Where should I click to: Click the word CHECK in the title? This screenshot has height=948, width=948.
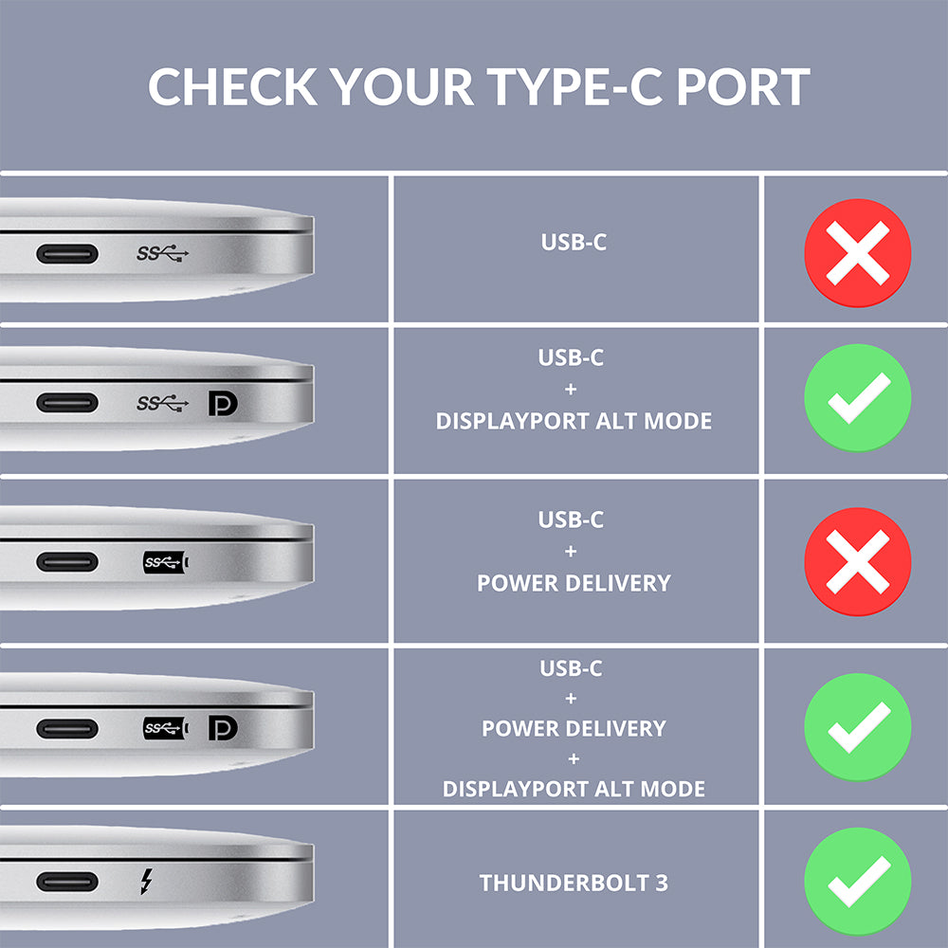(232, 86)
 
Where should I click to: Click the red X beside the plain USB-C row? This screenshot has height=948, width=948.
(857, 252)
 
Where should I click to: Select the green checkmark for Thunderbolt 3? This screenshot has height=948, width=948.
(857, 881)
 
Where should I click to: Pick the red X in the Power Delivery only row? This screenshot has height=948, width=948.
(857, 561)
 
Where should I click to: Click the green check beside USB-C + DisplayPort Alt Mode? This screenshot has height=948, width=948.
(857, 398)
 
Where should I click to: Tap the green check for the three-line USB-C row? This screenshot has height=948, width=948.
(857, 727)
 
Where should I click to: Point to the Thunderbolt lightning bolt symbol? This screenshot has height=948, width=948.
(145, 882)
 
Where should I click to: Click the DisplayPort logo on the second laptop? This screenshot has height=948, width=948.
(223, 403)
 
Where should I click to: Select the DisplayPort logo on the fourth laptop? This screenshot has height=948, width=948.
(223, 728)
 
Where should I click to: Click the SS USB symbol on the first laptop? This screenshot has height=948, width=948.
(162, 253)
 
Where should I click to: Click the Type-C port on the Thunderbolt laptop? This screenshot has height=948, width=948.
(66, 882)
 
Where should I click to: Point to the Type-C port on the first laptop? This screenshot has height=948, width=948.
(66, 254)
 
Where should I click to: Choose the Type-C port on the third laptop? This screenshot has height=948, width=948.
(66, 562)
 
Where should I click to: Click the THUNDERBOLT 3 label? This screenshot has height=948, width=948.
(574, 884)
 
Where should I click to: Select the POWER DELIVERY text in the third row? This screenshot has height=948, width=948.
(574, 582)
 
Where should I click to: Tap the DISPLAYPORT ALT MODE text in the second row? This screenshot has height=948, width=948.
(574, 421)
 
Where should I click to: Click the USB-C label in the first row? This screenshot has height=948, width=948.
(574, 242)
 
